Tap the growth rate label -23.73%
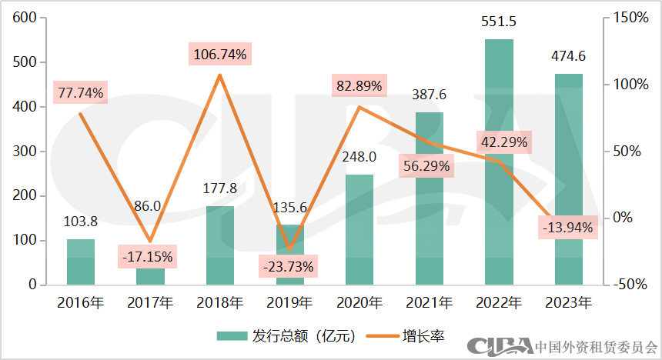pos(289,267)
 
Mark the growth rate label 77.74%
pos(80,93)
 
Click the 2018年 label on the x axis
pos(220,302)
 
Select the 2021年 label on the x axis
pos(430,302)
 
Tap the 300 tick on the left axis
pos(26,151)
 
